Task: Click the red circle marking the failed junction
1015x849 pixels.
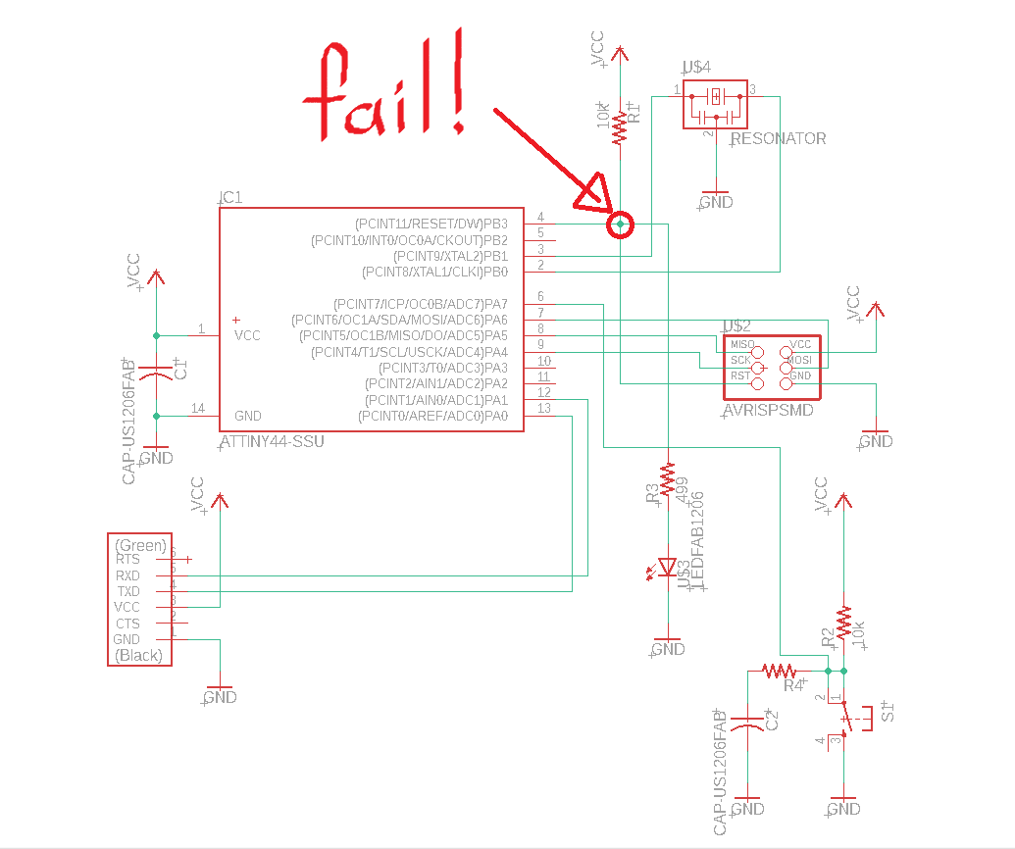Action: click(621, 225)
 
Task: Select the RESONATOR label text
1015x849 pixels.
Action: click(779, 139)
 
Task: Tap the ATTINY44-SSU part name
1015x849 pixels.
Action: click(272, 442)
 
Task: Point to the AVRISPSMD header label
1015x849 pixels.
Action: click(767, 411)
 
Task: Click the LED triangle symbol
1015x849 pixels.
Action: click(668, 567)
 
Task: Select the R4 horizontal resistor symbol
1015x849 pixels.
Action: click(779, 671)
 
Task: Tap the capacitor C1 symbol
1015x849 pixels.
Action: click(156, 373)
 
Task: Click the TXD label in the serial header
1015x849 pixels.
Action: click(127, 591)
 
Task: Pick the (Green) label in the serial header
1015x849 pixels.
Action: click(140, 545)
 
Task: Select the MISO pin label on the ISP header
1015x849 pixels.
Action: click(742, 345)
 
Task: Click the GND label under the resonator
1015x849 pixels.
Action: click(717, 202)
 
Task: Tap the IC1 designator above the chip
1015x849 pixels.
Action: click(230, 197)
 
